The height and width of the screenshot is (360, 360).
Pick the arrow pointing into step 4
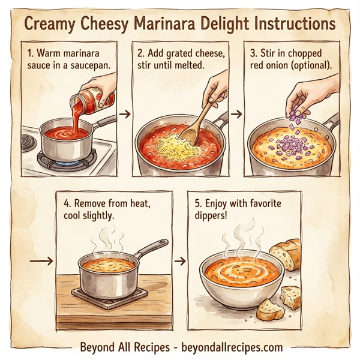40,261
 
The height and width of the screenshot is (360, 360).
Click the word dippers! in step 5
213,217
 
